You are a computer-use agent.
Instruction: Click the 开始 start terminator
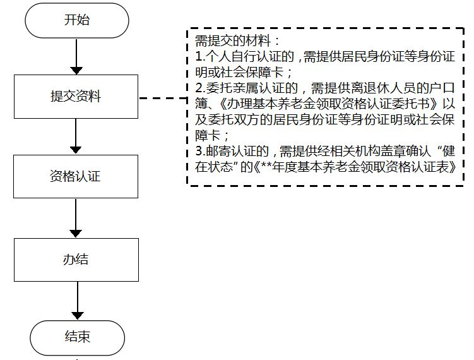(76, 20)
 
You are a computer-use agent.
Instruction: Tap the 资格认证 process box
(76, 176)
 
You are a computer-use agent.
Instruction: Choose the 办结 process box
(76, 259)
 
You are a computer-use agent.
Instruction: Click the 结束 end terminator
(76, 336)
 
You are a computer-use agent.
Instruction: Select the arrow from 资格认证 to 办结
(76, 218)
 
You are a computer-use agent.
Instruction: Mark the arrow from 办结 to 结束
(76, 301)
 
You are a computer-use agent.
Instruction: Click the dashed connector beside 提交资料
(162, 98)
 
